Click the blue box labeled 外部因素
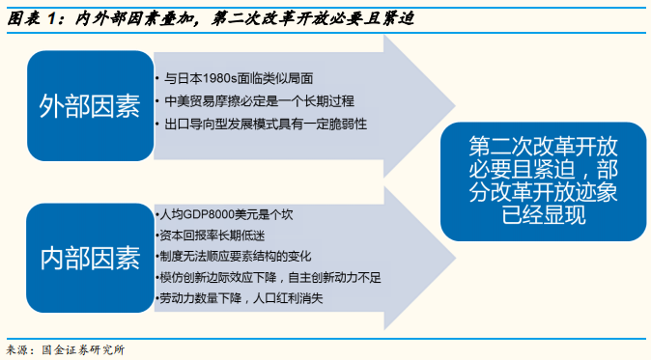click(90, 104)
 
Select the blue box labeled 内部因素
click(90, 258)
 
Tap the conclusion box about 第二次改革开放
click(541, 180)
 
